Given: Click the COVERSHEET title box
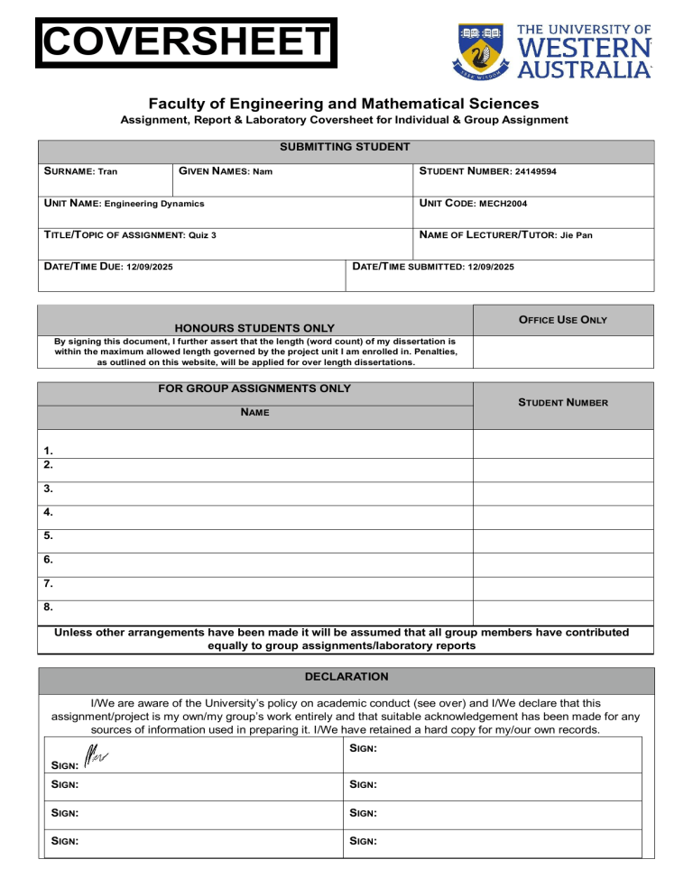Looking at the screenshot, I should click(186, 42).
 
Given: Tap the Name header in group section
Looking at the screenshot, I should click(255, 412).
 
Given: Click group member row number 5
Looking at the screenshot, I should click(47, 535).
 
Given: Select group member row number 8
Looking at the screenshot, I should click(47, 608).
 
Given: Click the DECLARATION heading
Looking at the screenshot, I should click(346, 676).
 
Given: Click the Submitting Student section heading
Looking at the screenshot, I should click(345, 147).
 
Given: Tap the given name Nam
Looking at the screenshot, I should click(263, 171).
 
